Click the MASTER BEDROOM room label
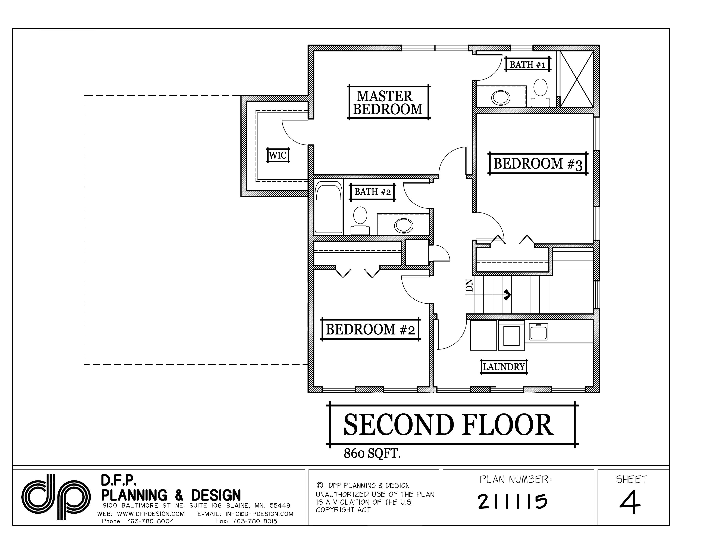pos(388,103)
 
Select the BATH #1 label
pos(527,65)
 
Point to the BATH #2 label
pos(373,192)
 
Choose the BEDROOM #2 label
pos(370,330)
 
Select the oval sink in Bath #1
pos(501,97)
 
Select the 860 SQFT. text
pos(372,454)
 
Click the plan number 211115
pos(512,501)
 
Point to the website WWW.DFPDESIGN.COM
pos(151,514)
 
